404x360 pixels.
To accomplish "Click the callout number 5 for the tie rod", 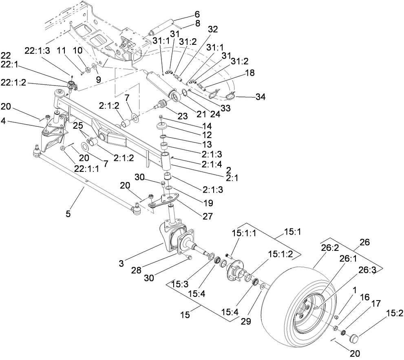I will (68, 212).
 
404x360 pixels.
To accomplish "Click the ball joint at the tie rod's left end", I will (36, 153).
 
